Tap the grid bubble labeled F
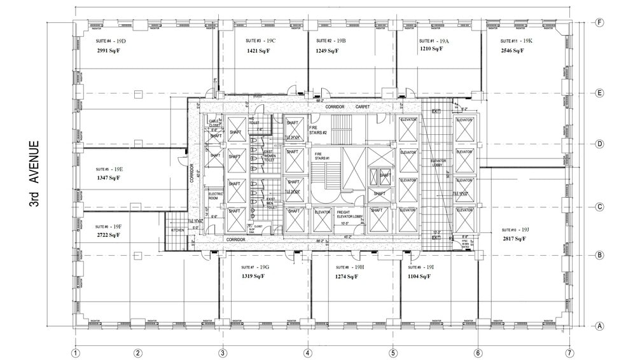coord(599,22)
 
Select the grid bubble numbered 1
coord(75,353)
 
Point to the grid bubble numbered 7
coord(569,353)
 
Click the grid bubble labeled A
coord(599,326)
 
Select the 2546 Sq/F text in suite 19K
coord(511,50)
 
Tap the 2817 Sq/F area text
coord(514,239)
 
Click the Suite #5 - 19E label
coord(109,169)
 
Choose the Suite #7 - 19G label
coord(255,267)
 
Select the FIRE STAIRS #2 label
coord(317,130)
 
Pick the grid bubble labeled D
coord(599,144)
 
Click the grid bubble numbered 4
coord(307,353)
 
